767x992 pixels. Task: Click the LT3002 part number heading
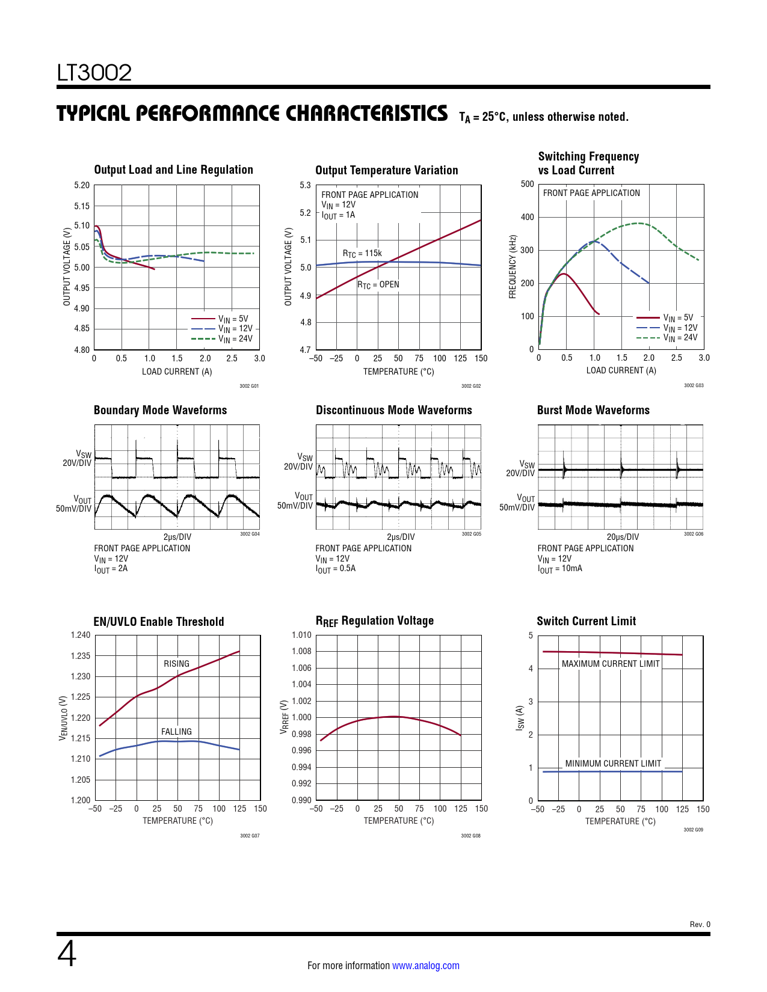[x=94, y=73]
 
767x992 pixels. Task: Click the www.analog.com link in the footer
[x=425, y=966]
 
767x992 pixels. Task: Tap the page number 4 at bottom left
[x=67, y=954]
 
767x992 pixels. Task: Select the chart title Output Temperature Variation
[x=386, y=170]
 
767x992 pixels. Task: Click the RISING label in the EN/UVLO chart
[x=176, y=664]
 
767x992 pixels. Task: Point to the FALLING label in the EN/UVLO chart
[x=176, y=732]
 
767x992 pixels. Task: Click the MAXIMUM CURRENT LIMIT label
[x=611, y=664]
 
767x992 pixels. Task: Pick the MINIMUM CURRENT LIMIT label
[x=613, y=764]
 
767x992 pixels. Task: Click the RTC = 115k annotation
[x=362, y=254]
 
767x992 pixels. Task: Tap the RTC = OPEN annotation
[x=378, y=285]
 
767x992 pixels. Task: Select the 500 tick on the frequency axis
[x=528, y=184]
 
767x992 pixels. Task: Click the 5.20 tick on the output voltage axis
[x=82, y=185]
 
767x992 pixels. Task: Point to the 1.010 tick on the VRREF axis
[x=301, y=635]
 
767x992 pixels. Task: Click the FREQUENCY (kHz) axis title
[x=513, y=266]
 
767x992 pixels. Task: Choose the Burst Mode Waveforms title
[x=593, y=410]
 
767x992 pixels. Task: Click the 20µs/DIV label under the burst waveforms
[x=623, y=537]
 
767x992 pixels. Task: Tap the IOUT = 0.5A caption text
[x=336, y=569]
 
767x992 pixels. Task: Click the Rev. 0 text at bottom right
[x=700, y=925]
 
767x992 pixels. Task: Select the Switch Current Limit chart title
[x=586, y=621]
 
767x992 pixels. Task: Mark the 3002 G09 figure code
[x=693, y=830]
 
